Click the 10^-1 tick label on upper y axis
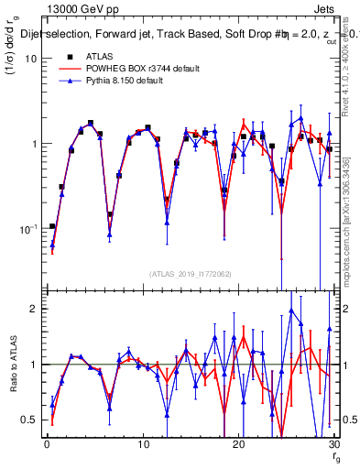click(27, 229)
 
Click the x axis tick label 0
click(47, 444)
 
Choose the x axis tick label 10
click(142, 444)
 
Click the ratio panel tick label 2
click(34, 309)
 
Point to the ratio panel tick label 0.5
click(29, 420)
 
